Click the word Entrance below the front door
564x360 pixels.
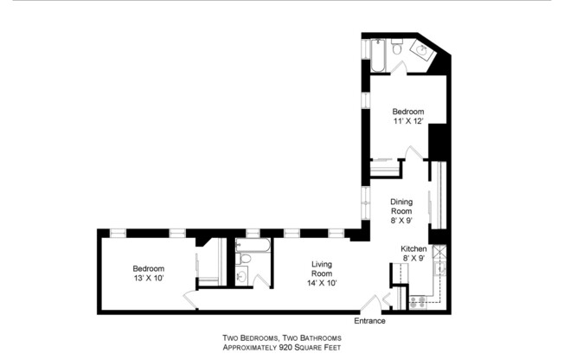(x=369, y=321)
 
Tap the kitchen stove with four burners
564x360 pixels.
(x=417, y=302)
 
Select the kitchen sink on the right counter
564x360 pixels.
(x=440, y=270)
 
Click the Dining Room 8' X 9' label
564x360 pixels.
(x=401, y=210)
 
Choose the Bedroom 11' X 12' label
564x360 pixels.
(x=407, y=118)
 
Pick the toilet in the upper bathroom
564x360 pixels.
(x=396, y=53)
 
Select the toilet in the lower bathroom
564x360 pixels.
(x=246, y=259)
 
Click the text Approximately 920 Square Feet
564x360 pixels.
(x=282, y=347)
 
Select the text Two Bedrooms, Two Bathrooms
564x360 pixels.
(x=282, y=337)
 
